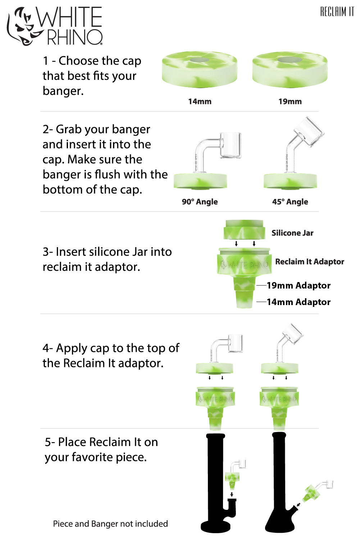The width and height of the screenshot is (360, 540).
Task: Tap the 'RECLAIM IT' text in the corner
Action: (x=337, y=12)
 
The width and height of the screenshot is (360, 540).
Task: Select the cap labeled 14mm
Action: (x=199, y=69)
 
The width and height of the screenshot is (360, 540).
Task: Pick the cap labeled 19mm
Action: (x=290, y=69)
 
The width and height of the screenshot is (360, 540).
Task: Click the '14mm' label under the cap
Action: (x=200, y=101)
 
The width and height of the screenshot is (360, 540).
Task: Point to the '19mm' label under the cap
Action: (x=290, y=101)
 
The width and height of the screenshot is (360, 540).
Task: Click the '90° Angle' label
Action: (x=200, y=202)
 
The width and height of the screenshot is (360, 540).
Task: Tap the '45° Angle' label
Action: (x=290, y=202)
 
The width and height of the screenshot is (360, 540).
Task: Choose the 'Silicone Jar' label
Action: (x=292, y=233)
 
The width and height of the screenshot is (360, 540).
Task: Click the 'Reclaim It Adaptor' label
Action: (x=310, y=262)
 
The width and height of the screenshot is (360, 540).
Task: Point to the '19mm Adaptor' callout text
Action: (x=299, y=286)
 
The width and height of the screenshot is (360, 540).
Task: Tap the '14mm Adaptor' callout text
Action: (x=299, y=302)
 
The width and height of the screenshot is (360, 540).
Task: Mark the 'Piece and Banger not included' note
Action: (x=110, y=524)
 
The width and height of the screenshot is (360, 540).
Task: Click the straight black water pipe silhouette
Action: (x=216, y=486)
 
